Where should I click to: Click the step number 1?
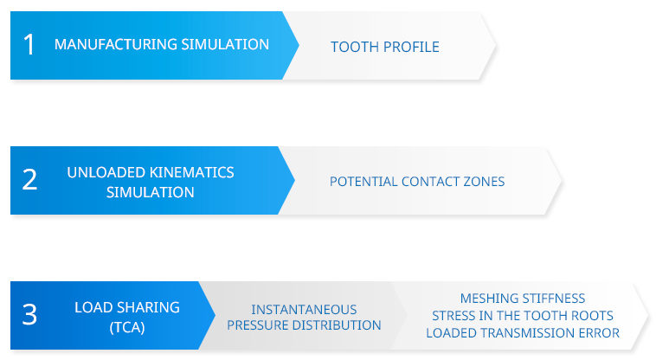pos(29,44)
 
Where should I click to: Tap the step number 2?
pos(29,180)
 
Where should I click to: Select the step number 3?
pos(29,314)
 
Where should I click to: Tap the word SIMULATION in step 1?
pos(225,44)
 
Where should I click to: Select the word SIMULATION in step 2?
pos(151,192)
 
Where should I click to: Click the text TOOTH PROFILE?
pos(385,47)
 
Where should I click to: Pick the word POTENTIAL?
pos(363,182)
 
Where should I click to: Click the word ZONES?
pos(484,182)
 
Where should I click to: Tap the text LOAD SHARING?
pos(127,307)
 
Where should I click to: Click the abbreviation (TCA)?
pos(127,327)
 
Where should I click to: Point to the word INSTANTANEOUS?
pos(304,310)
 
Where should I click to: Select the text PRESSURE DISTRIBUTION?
pos(304,325)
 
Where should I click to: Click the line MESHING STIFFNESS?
pos(523,298)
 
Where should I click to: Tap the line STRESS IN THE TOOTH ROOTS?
pos(523,315)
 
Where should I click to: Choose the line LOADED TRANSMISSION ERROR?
pos(523,333)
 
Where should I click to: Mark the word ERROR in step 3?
pos(599,333)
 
